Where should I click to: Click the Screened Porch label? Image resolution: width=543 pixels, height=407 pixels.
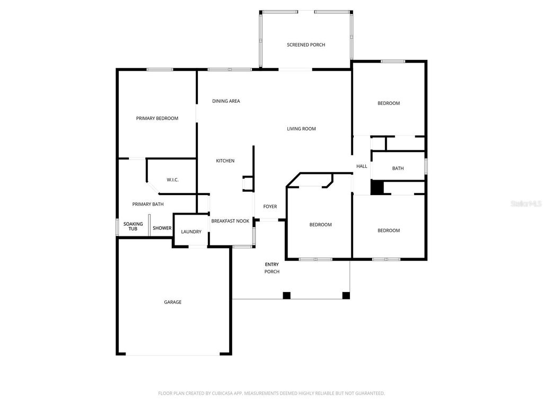point(306,45)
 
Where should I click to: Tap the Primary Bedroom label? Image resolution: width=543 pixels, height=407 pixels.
point(157,119)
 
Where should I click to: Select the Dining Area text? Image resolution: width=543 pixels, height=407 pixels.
point(226,101)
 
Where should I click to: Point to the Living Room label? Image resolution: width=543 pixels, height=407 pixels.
point(301,129)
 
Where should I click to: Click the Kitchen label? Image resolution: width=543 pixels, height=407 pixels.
point(225,161)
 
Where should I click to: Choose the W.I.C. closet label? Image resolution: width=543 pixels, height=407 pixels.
point(172,180)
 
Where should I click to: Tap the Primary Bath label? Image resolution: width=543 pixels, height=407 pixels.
point(148,205)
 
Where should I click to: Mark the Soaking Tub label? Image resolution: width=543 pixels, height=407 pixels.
point(133,226)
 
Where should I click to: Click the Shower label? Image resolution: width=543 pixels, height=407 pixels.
point(162,228)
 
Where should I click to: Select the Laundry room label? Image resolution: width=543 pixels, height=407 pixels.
point(191,232)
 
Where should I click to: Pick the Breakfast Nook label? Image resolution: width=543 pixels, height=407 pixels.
point(230,221)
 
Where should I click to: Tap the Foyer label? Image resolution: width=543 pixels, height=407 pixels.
point(270,207)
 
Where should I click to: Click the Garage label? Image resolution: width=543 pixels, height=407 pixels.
point(172,302)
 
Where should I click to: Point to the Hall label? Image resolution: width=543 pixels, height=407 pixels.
point(362,166)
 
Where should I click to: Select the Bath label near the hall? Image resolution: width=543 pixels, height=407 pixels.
point(398,169)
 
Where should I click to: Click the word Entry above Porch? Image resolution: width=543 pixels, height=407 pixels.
point(271,264)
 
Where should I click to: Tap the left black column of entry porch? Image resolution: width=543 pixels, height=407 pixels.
point(287,295)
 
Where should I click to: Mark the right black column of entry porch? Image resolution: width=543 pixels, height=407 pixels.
point(346,295)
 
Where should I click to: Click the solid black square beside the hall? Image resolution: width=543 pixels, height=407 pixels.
point(376,188)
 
